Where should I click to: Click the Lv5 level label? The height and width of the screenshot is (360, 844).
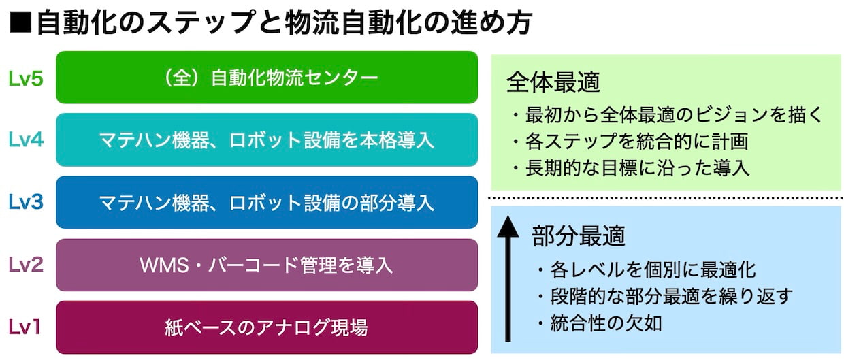click(26, 79)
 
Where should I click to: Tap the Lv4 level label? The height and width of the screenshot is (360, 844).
click(26, 140)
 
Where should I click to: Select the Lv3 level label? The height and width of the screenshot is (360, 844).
click(26, 202)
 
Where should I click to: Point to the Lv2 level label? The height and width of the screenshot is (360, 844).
click(26, 264)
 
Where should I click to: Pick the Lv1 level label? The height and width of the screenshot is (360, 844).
click(25, 327)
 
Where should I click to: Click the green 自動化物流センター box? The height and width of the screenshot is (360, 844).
click(267, 77)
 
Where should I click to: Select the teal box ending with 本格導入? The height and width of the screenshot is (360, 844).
click(267, 140)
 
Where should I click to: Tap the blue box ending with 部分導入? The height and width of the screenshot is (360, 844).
click(267, 202)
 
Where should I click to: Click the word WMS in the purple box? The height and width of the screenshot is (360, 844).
click(164, 265)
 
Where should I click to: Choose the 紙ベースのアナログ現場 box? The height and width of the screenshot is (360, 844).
click(267, 327)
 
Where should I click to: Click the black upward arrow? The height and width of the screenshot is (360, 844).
click(508, 278)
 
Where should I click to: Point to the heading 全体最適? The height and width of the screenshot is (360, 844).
click(553, 82)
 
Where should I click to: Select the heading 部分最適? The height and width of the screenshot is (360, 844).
click(579, 235)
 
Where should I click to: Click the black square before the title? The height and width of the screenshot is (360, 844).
click(20, 23)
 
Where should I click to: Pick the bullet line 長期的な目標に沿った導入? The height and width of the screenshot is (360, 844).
click(631, 168)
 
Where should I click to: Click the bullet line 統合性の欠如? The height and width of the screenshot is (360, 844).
click(600, 323)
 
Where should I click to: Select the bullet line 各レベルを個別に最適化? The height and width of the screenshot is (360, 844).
click(647, 269)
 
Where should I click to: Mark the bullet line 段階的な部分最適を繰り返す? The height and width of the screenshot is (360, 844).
click(666, 297)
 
